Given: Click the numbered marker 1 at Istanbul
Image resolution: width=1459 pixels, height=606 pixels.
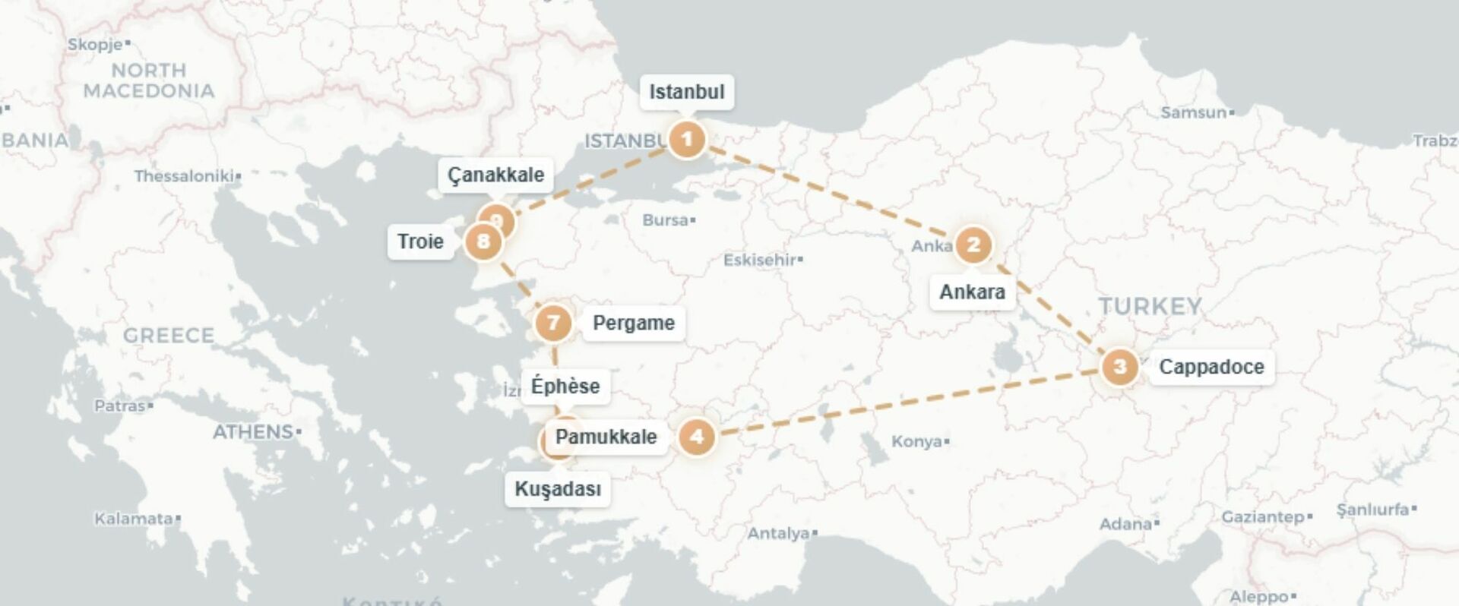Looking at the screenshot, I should (687, 139).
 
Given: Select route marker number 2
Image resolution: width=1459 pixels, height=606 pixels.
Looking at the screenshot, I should (973, 245).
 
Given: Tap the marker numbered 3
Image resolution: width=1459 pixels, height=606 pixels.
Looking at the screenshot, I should (1119, 367).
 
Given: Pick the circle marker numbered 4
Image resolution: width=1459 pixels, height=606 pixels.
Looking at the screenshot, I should (696, 437).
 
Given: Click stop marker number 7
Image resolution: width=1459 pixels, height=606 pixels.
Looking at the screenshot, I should (553, 324).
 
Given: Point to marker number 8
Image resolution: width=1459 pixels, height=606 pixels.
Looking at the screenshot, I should (483, 242).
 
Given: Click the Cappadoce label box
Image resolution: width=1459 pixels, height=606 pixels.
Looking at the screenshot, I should (1211, 367).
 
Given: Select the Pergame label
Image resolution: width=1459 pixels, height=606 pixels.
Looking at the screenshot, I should (633, 324).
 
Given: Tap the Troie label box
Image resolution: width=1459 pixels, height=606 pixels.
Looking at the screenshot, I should (420, 242).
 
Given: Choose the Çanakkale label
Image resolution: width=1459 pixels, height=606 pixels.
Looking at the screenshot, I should (495, 175).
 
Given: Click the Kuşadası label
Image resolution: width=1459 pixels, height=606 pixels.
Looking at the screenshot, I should (558, 489).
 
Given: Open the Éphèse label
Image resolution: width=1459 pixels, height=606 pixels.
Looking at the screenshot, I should (565, 386).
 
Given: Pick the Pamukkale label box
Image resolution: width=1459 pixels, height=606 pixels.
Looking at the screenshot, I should (606, 437).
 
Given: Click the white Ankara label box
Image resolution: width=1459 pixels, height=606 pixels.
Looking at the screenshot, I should (972, 292).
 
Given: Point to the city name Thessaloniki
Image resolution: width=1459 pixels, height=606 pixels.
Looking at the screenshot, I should (184, 176).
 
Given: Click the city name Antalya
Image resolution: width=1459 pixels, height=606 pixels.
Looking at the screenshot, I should (778, 533).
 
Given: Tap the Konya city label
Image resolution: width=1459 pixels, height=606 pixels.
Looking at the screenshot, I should (916, 441).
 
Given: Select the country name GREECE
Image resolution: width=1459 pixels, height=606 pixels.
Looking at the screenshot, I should (169, 335).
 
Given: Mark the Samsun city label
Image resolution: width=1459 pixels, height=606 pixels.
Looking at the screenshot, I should (1193, 112).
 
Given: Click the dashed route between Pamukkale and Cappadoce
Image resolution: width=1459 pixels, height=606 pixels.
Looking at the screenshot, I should (912, 401).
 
